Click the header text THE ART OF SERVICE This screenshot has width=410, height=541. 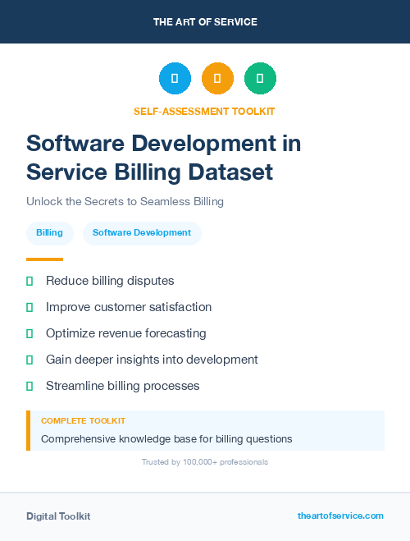click(x=205, y=22)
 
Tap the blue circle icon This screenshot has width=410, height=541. click(x=175, y=79)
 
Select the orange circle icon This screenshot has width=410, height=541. click(x=217, y=79)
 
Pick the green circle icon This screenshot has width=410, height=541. click(x=260, y=79)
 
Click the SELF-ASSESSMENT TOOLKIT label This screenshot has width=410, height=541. click(x=204, y=111)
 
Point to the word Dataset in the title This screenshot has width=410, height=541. click(x=232, y=172)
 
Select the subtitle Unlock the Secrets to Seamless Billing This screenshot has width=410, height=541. click(x=125, y=201)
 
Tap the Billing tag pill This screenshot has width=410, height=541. click(x=49, y=233)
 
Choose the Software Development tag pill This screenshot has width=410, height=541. click(x=142, y=233)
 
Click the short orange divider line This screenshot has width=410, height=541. click(x=44, y=259)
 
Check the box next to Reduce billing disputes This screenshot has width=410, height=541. click(x=30, y=281)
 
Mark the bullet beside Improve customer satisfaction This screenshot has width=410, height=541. click(x=30, y=307)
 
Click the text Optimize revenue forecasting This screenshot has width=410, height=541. click(x=125, y=333)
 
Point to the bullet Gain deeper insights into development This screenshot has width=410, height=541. click(x=152, y=360)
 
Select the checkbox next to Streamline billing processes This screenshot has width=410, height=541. click(x=30, y=386)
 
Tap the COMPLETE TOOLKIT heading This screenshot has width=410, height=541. click(x=83, y=421)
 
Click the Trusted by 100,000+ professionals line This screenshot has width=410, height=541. click(x=205, y=462)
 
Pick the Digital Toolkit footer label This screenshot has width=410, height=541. click(x=58, y=516)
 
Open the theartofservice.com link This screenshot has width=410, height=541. click(x=340, y=516)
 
